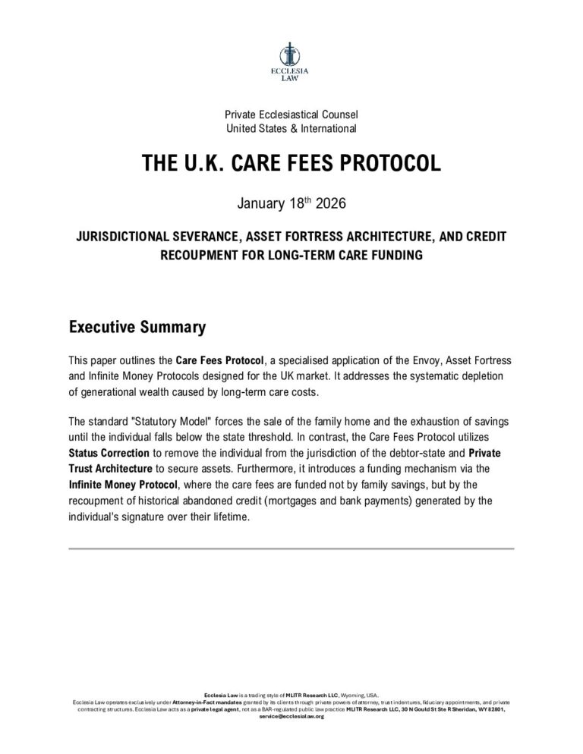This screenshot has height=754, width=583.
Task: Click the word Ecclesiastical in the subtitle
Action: coord(286,115)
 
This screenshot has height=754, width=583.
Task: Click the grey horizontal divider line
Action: coord(291,548)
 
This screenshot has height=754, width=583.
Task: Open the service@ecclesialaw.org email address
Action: coord(291,716)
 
